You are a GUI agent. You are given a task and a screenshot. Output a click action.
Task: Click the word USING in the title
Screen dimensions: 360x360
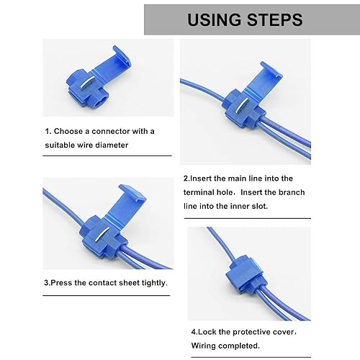[214, 19]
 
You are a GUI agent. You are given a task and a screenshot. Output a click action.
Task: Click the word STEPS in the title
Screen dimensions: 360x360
[275, 19]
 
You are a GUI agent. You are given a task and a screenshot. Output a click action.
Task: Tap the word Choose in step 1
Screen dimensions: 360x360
[68, 131]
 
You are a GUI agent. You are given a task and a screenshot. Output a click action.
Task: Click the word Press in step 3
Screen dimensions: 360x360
[61, 283]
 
